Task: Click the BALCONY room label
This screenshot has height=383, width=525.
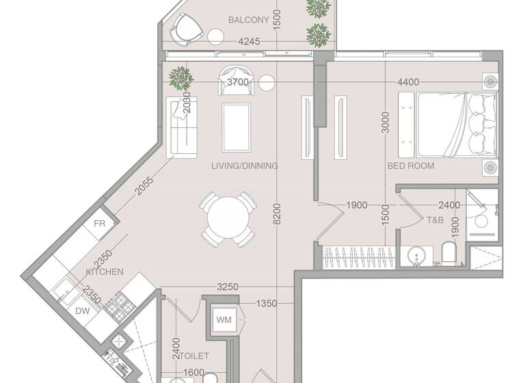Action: (248, 20)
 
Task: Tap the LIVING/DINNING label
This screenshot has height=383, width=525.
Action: (244, 166)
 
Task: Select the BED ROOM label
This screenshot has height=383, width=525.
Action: (411, 166)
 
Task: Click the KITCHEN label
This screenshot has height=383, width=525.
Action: (105, 272)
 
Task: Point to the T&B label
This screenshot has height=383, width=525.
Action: (435, 220)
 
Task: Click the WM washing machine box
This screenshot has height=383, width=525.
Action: (224, 319)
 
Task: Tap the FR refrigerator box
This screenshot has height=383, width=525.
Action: (100, 224)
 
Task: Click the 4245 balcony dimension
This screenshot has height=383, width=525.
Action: (249, 42)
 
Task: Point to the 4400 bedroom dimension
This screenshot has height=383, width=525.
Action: (407, 82)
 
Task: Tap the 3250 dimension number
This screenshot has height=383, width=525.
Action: (228, 287)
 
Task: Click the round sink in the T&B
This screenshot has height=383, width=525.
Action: (416, 256)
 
